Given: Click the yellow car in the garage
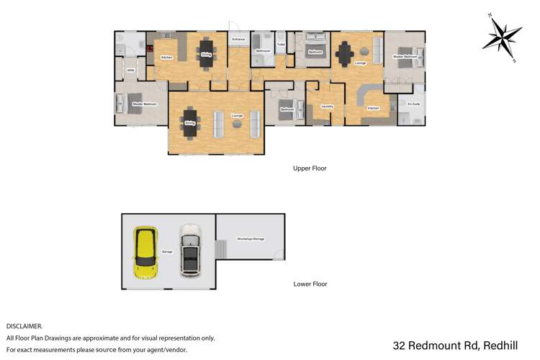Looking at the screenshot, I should [x=146, y=253].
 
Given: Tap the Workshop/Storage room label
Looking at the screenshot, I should [x=251, y=238].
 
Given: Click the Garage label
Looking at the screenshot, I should [x=167, y=252].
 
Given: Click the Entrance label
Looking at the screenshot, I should [x=238, y=38].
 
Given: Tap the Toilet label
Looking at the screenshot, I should [x=281, y=43].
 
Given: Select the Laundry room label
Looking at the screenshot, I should [x=325, y=107].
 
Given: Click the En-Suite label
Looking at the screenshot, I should [x=413, y=105].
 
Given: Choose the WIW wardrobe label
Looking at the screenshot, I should [x=130, y=71].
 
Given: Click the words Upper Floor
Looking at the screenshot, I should [x=310, y=168].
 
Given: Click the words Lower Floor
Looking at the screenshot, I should [x=310, y=284].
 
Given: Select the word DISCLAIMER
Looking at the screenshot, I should [x=24, y=326].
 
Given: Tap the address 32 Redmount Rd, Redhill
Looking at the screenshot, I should [x=461, y=346].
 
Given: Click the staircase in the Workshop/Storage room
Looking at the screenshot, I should [x=222, y=250].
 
